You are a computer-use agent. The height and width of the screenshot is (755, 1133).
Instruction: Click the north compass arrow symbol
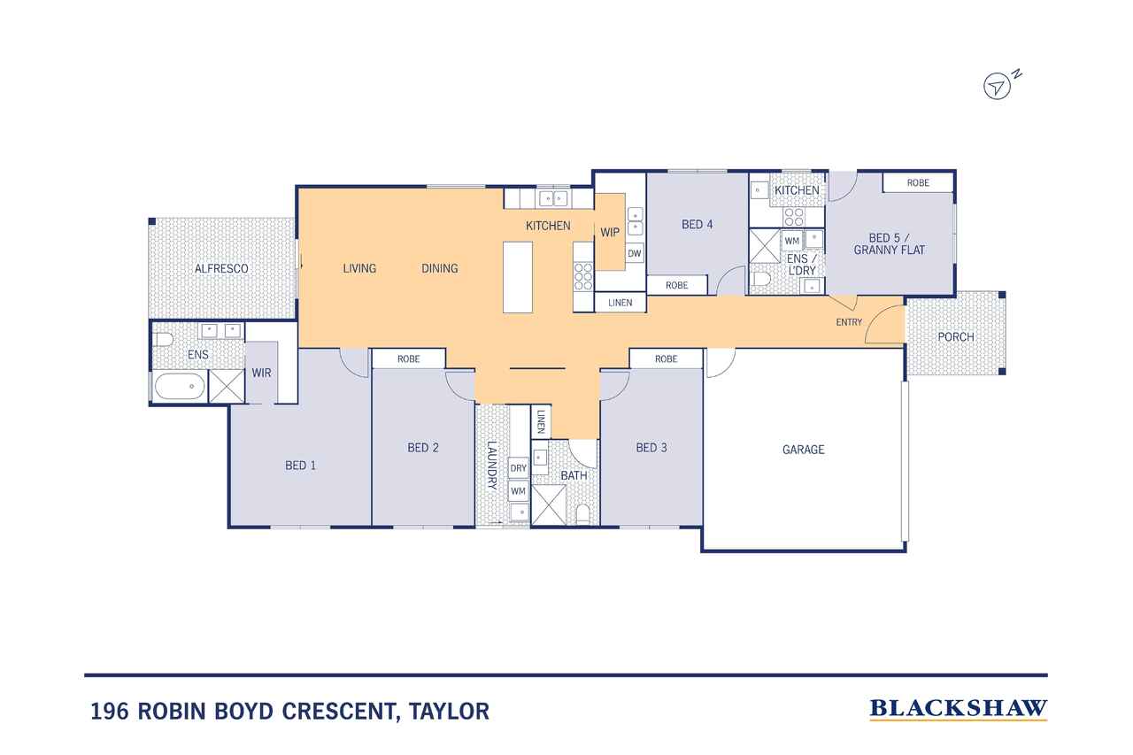997,87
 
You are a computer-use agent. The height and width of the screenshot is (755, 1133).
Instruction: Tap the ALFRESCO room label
221,268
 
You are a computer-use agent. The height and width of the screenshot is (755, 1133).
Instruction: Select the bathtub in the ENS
180,386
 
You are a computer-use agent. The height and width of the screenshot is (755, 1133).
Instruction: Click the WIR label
261,373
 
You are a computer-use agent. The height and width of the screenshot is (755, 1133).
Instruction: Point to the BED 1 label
300,466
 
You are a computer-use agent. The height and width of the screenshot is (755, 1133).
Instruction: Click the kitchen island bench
518,277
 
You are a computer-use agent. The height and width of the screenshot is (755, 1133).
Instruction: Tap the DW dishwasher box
635,253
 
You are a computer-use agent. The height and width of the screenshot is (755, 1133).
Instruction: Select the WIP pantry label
610,232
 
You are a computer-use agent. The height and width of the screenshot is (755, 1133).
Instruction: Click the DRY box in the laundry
519,468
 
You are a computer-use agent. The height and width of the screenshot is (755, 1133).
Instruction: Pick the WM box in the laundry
519,491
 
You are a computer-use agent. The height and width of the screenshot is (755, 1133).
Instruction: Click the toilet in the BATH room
583,514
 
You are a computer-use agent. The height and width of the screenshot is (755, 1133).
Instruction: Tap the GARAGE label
803,450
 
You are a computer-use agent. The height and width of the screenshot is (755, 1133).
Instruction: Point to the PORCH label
956,337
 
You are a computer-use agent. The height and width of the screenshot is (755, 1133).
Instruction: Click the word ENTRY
849,322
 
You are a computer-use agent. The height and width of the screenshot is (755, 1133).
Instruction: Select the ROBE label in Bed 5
918,182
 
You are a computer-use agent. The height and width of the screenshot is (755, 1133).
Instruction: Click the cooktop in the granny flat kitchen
793,217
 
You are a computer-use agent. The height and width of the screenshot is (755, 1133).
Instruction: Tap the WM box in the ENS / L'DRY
791,242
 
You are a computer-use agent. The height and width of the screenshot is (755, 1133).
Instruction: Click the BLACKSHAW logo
959,709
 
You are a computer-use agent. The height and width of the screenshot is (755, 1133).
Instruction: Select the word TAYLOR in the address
449,711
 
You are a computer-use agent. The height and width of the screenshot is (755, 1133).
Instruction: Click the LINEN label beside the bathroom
541,421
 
